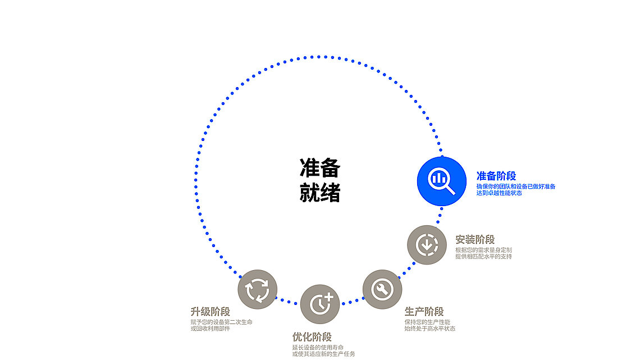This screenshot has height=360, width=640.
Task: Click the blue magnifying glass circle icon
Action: [x=442, y=181]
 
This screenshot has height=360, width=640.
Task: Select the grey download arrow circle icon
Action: [x=427, y=244]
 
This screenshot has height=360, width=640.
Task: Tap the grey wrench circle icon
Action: [x=382, y=289]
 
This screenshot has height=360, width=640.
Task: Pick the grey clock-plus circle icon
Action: [x=320, y=304]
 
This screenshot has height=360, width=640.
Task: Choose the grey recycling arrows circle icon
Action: [x=258, y=289]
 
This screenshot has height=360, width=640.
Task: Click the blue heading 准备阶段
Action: [x=496, y=176]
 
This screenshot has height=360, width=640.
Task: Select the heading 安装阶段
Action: [x=475, y=240]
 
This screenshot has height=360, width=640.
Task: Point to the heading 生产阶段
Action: [x=424, y=312]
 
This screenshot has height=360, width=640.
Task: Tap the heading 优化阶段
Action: [x=312, y=337]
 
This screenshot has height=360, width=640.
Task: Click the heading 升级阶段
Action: [x=210, y=312]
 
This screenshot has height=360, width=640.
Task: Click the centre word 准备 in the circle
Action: [x=320, y=168]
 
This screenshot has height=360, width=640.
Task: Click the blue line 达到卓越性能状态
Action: [x=499, y=193]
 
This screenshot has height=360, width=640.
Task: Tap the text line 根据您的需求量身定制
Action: [x=483, y=250]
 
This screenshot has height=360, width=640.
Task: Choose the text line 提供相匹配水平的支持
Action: [x=483, y=257]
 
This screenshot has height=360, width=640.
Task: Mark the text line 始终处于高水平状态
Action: [x=430, y=329]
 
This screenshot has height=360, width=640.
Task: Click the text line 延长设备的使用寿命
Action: [x=318, y=348]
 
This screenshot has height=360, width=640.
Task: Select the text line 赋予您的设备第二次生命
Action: [x=222, y=322]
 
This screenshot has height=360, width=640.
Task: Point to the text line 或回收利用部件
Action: [x=211, y=329]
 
